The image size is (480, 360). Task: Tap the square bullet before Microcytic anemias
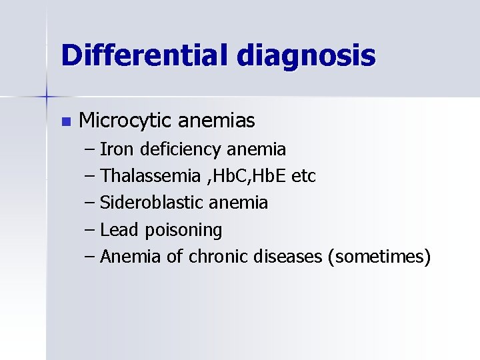tap(65, 121)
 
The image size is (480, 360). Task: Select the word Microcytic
tap(125, 121)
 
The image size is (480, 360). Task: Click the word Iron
tap(115, 149)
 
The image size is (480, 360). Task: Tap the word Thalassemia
tap(150, 176)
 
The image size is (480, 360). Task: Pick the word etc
tap(303, 176)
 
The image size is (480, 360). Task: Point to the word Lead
tap(119, 230)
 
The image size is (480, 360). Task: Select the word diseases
tap(288, 257)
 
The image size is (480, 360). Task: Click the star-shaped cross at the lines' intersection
tap(47, 97)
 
